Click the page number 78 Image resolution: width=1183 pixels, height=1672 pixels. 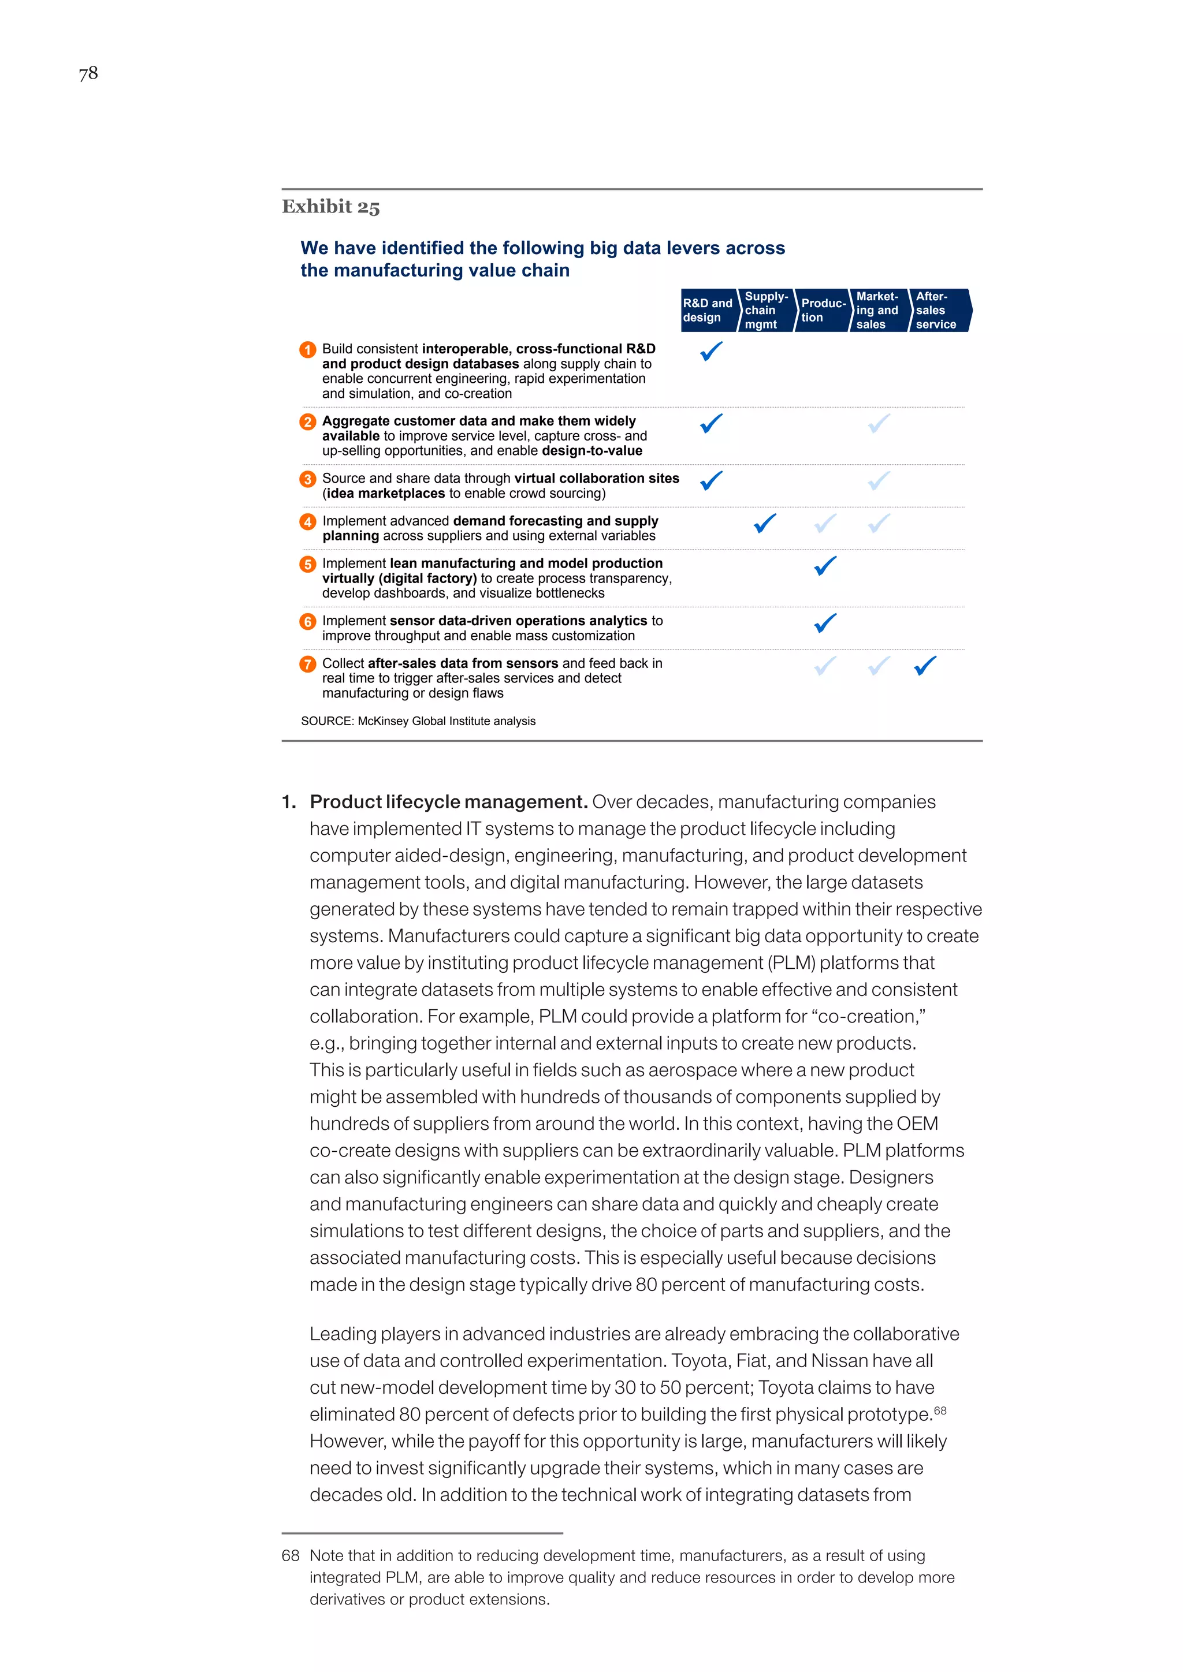pyautogui.click(x=88, y=73)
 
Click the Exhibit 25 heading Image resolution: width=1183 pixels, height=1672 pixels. pyautogui.click(x=331, y=207)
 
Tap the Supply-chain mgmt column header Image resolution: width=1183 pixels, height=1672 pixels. pyautogui.click(x=765, y=310)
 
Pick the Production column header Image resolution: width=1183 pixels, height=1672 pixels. pyautogui.click(x=823, y=310)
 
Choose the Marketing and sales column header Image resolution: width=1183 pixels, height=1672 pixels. pyautogui.click(x=878, y=310)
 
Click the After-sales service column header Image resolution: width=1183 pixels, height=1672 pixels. pyautogui.click(x=937, y=310)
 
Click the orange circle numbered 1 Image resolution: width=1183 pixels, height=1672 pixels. pyautogui.click(x=308, y=349)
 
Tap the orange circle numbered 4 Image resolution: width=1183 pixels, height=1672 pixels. pyautogui.click(x=308, y=521)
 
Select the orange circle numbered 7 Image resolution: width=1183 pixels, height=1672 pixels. pyautogui.click(x=308, y=664)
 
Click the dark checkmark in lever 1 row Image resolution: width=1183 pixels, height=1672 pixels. pyautogui.click(x=711, y=351)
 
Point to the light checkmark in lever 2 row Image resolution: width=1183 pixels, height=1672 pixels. pyautogui.click(x=879, y=423)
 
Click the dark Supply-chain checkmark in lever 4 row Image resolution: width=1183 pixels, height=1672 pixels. pyautogui.click(x=765, y=523)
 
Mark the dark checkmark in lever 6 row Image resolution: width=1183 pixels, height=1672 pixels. pyautogui.click(x=825, y=622)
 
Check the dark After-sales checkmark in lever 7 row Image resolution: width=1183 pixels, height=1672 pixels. pyautogui.click(x=925, y=666)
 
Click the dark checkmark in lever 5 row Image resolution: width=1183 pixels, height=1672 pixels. pyautogui.click(x=825, y=566)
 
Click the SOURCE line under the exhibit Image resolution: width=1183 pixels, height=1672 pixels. pyautogui.click(x=418, y=721)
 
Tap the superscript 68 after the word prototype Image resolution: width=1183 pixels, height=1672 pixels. pyautogui.click(x=940, y=1410)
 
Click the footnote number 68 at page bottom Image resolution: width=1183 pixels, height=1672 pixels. pyautogui.click(x=290, y=1555)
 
